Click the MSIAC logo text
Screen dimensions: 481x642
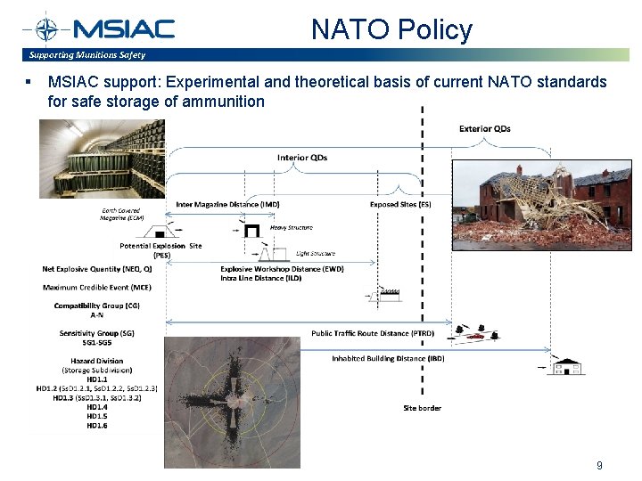pyautogui.click(x=123, y=29)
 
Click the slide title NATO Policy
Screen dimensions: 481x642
pyautogui.click(x=391, y=29)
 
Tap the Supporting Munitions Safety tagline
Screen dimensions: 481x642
pyautogui.click(x=86, y=55)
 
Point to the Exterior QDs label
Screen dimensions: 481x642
pyautogui.click(x=484, y=128)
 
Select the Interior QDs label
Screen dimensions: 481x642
pyautogui.click(x=301, y=158)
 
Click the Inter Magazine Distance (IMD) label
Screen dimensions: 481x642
pyautogui.click(x=227, y=205)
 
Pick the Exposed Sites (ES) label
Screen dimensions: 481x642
pyautogui.click(x=400, y=205)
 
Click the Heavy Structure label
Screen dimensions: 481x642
pyautogui.click(x=291, y=227)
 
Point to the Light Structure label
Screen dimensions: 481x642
pyautogui.click(x=316, y=253)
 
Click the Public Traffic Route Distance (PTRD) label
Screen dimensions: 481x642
pyautogui.click(x=373, y=333)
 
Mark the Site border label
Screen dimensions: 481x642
pyautogui.click(x=423, y=408)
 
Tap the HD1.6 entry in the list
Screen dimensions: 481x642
pyautogui.click(x=96, y=426)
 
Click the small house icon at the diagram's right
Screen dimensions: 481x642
pyautogui.click(x=566, y=366)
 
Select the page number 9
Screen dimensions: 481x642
pyautogui.click(x=599, y=465)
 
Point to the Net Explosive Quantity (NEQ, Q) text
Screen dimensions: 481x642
pyautogui.click(x=96, y=268)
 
